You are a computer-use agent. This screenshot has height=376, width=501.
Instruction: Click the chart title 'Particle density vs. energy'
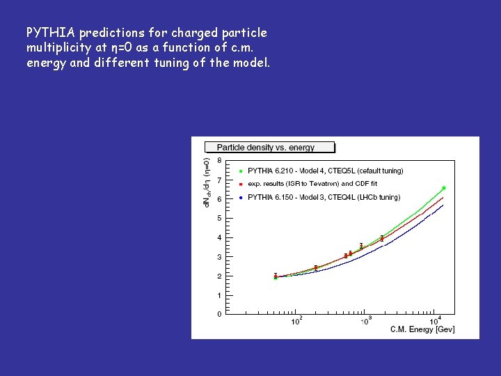pyautogui.click(x=265, y=148)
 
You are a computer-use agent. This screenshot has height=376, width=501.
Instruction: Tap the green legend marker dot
pyautogui.click(x=240, y=171)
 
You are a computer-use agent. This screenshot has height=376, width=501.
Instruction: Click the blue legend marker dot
pyautogui.click(x=240, y=198)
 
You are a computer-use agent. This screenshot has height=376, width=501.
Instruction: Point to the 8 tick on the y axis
pyautogui.click(x=219, y=161)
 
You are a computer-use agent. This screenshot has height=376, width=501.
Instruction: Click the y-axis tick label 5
pyautogui.click(x=219, y=219)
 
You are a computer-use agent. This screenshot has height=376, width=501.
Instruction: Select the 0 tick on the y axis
pyautogui.click(x=219, y=315)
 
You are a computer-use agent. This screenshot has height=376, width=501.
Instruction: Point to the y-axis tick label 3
pyautogui.click(x=219, y=257)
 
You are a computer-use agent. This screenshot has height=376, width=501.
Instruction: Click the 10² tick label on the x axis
pyautogui.click(x=296, y=321)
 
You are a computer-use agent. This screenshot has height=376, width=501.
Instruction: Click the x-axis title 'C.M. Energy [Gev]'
pyautogui.click(x=422, y=329)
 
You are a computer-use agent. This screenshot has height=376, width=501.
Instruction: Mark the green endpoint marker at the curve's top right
pyautogui.click(x=443, y=188)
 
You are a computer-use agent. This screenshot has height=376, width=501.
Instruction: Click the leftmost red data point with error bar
pyautogui.click(x=276, y=276)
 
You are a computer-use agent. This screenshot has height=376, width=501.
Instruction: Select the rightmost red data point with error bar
pyautogui.click(x=382, y=239)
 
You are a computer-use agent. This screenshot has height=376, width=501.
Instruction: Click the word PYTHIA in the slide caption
pyautogui.click(x=51, y=33)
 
